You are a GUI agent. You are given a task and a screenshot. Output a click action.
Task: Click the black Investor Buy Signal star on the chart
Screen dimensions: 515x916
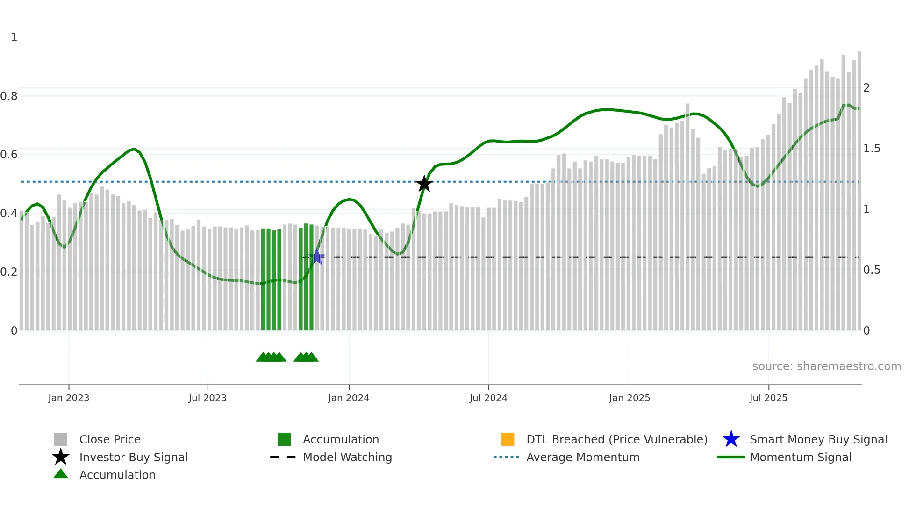point(424,184)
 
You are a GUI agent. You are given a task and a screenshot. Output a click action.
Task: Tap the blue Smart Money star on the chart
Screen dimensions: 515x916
point(317,257)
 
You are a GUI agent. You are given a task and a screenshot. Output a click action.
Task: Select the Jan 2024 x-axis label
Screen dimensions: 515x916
point(349,398)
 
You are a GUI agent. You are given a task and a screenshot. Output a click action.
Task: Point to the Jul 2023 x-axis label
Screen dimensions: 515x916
point(208,398)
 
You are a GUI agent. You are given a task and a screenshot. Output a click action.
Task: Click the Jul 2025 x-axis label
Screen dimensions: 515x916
point(768,398)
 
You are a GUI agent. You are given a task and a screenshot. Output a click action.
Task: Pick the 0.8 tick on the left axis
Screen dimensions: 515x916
point(9,96)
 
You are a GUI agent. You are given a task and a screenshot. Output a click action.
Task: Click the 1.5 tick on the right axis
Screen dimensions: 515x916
point(872,149)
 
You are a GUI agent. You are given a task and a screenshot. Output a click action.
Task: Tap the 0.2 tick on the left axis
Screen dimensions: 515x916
point(9,272)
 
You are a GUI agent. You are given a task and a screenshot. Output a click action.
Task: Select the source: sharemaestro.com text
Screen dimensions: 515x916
point(826,366)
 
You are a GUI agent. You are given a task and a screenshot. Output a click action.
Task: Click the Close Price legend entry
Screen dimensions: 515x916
point(110,439)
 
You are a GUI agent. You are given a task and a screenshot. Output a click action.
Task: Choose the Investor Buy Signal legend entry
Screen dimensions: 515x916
point(133,457)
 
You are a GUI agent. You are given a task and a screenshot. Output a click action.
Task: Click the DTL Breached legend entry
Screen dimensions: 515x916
point(616,439)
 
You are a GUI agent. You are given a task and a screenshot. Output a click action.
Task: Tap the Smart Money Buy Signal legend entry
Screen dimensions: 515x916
point(818,439)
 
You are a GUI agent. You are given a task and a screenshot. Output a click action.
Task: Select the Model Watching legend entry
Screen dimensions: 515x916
point(347,457)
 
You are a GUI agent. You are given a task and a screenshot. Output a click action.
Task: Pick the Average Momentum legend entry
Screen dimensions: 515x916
point(583,457)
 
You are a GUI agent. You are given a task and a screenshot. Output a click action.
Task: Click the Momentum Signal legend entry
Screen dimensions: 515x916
point(801,457)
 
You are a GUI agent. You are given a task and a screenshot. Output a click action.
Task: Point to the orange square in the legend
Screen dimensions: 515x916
point(508,439)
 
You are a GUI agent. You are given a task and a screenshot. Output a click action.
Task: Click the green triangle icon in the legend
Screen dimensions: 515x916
point(61,474)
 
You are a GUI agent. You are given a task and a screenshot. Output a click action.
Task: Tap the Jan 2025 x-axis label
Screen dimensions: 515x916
point(630,398)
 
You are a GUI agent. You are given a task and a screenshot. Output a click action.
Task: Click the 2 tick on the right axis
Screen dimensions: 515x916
point(866,88)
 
